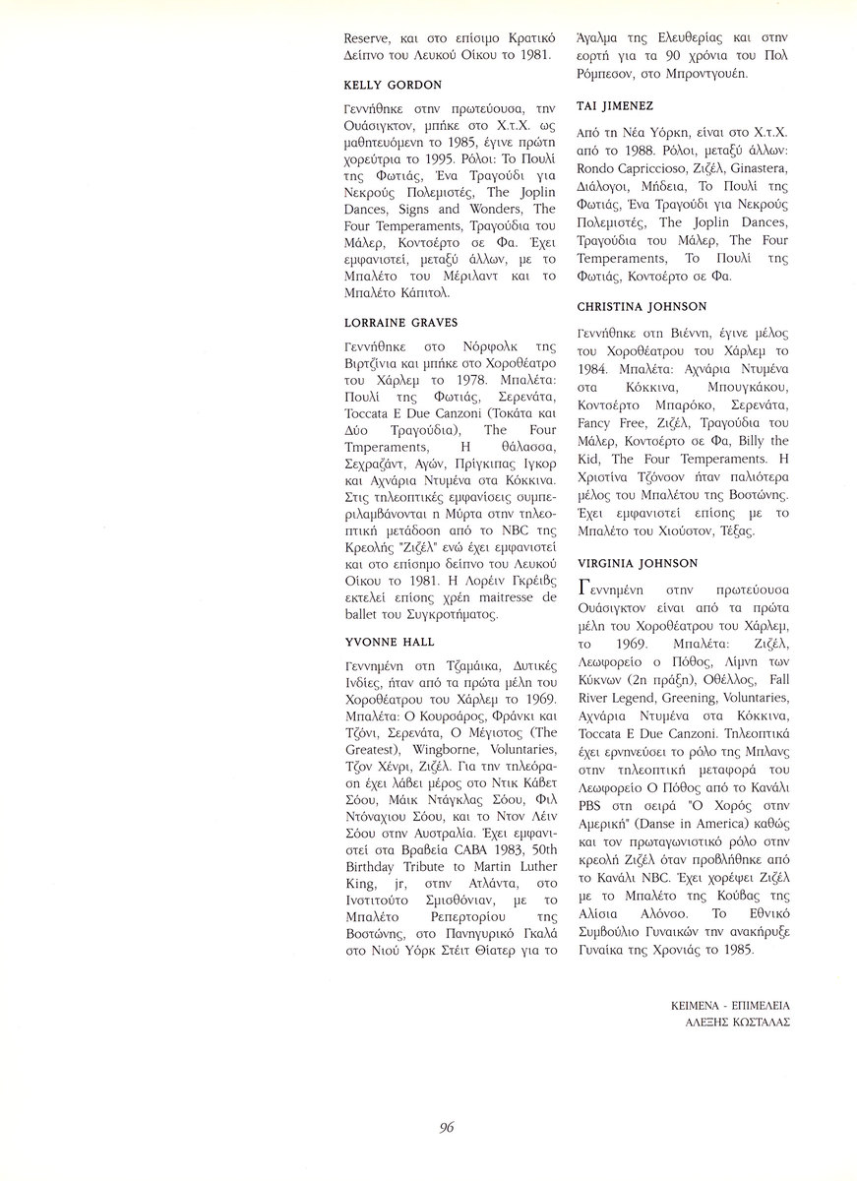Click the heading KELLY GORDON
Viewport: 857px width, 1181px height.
393,86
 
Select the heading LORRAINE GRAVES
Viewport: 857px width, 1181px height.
401,323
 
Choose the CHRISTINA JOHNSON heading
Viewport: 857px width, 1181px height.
641,307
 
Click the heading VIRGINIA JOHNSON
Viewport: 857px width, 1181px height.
637,563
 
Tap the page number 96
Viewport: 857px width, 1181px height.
447,1128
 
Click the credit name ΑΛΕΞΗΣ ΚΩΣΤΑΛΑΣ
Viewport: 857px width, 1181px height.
738,1022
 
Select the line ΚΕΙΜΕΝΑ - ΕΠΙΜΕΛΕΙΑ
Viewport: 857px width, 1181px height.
729,1006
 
